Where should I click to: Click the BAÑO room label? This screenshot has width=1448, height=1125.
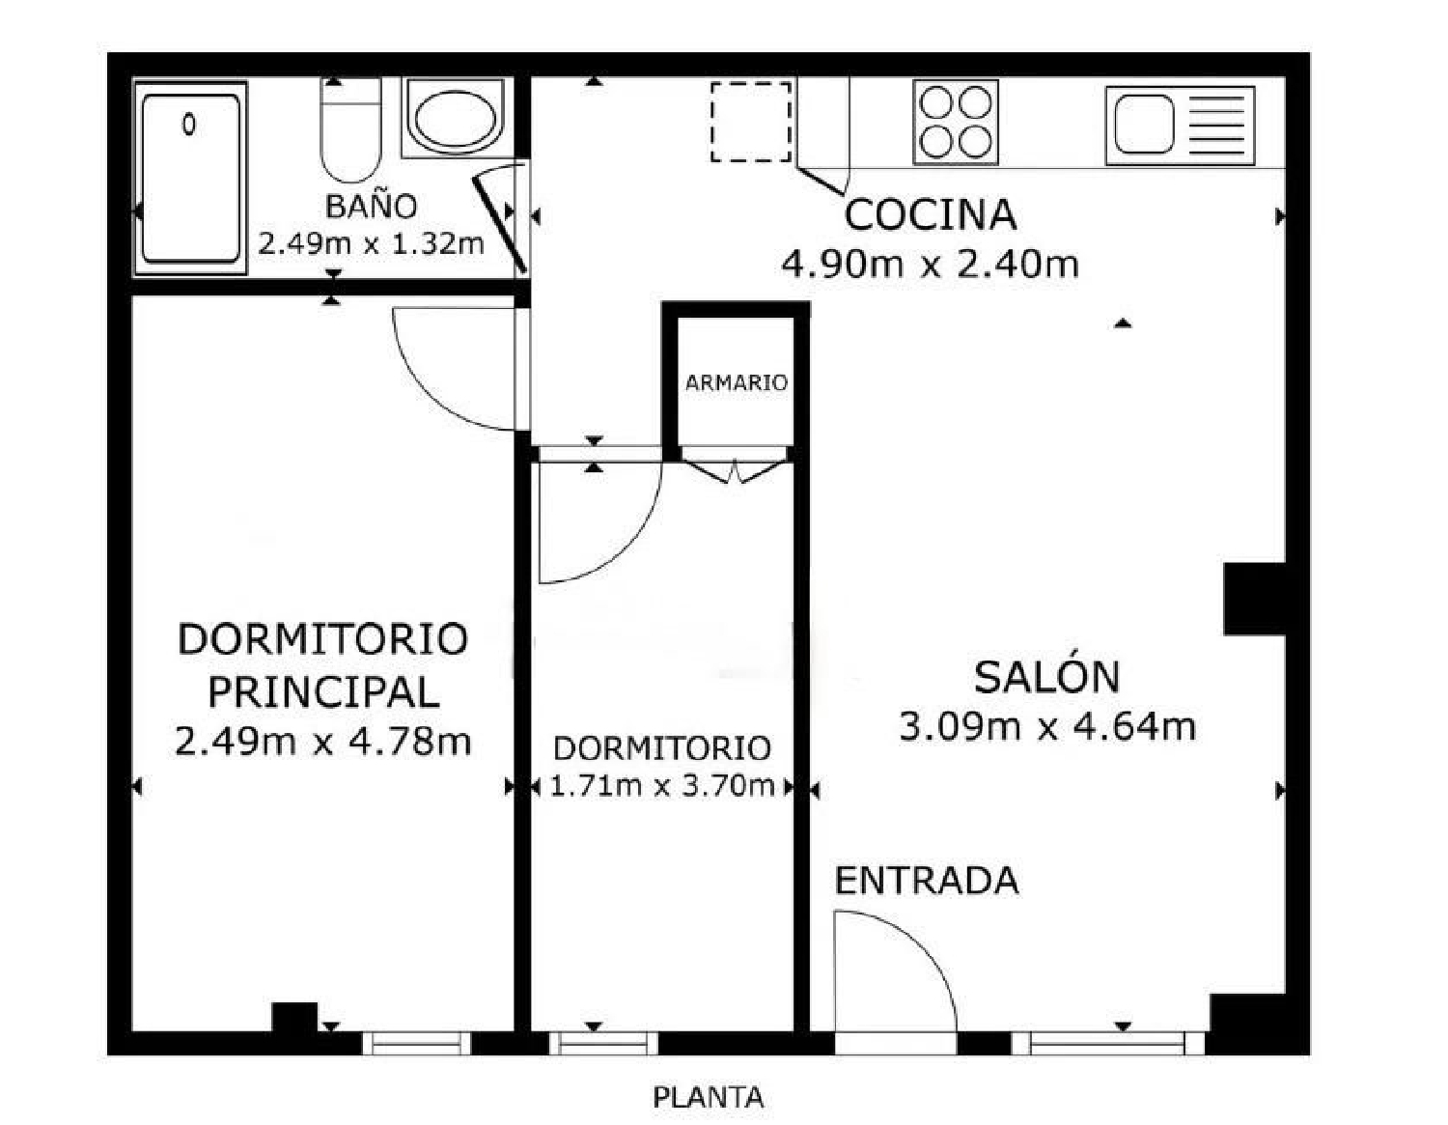[371, 206]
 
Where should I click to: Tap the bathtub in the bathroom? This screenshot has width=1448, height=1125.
[190, 178]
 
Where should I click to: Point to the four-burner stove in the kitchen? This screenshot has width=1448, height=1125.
[955, 123]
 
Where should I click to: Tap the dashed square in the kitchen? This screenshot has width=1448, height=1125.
[751, 122]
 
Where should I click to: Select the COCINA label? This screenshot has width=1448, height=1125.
[930, 214]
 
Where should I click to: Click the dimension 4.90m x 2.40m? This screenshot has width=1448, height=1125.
[930, 264]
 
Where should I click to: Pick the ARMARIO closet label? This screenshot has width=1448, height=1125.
[736, 382]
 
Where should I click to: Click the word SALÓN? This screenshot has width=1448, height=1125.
[1046, 677]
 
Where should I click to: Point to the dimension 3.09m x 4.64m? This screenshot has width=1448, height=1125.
[1047, 726]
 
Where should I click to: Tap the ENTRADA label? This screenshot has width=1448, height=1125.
[926, 881]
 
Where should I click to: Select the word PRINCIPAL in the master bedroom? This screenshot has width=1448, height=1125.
[323, 691]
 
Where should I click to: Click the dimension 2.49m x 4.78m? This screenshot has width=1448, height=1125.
[323, 742]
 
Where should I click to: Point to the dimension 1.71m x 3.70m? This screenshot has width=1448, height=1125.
[661, 786]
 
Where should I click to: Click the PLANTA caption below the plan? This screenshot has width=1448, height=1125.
[708, 1098]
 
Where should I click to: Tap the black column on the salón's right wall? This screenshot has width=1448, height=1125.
[1254, 599]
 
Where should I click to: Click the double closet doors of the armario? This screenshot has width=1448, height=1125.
[736, 471]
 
